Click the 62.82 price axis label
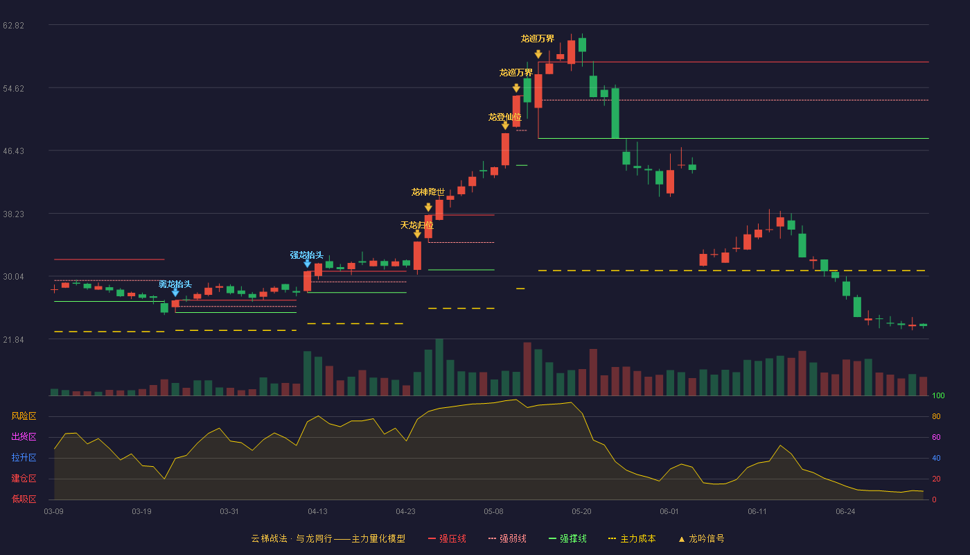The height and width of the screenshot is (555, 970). [13, 26]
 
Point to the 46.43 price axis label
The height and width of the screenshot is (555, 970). [13, 151]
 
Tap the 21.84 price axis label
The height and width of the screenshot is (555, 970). [13, 340]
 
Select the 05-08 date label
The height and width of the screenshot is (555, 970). [493, 512]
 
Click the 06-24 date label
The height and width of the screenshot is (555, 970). [845, 512]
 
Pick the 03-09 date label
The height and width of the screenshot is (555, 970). [54, 512]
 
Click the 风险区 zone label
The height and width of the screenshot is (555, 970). [24, 416]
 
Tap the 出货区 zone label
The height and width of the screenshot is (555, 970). [24, 436]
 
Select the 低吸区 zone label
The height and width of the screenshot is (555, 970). [24, 499]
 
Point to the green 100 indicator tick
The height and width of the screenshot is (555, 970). [938, 395]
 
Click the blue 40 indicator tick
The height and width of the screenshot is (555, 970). [936, 458]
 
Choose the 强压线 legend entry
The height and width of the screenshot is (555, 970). [447, 538]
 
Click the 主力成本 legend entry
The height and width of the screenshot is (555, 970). [632, 538]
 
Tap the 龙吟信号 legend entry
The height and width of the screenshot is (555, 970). [701, 538]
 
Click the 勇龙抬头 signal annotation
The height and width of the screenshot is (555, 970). [175, 284]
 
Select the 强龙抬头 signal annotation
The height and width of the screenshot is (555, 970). [306, 255]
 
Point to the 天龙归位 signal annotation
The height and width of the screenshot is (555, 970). [416, 225]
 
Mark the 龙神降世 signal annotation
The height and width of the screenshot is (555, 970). [428, 192]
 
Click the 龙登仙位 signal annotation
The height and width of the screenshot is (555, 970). [505, 117]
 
